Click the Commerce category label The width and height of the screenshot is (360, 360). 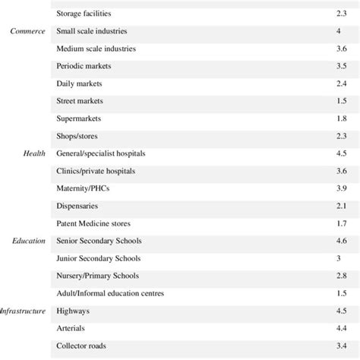point(28,31)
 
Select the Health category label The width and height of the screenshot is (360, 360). point(36,153)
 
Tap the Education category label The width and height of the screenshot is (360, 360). point(29,241)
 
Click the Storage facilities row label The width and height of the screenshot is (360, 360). point(87,13)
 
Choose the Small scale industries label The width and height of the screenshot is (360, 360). point(92,31)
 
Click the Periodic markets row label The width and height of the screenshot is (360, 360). point(85,66)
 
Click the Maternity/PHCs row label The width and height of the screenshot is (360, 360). point(84,188)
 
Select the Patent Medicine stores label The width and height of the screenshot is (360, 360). point(93,223)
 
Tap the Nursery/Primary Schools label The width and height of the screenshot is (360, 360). point(97,275)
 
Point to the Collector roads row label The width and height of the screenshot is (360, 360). point(81,346)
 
